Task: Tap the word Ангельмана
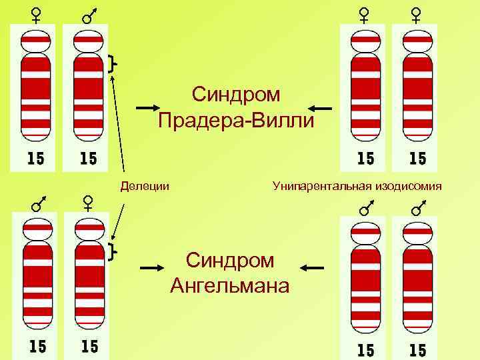pyautogui.click(x=230, y=286)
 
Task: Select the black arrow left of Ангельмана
pyautogui.click(x=153, y=267)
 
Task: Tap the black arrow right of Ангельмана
pyautogui.click(x=311, y=267)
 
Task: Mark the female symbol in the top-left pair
pyautogui.click(x=36, y=14)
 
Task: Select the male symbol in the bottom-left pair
pyautogui.click(x=37, y=202)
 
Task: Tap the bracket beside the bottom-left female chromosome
pyautogui.click(x=111, y=251)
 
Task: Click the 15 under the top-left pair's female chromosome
pyautogui.click(x=36, y=158)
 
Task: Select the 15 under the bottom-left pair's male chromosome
pyautogui.click(x=37, y=346)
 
